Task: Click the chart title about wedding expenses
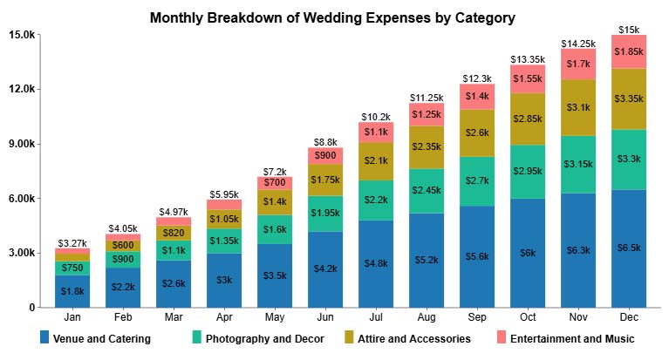[332, 17]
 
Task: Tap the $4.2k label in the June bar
[325, 268]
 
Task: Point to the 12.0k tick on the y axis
[20, 89]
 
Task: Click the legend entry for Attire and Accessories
[425, 338]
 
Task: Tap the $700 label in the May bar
[275, 183]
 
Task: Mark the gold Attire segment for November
[577, 108]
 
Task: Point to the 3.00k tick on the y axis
[20, 253]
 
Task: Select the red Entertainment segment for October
[527, 78]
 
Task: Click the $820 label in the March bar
[174, 233]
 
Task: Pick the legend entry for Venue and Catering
[101, 338]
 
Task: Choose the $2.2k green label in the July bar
[376, 200]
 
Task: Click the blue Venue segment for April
[224, 280]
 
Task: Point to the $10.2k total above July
[376, 115]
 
